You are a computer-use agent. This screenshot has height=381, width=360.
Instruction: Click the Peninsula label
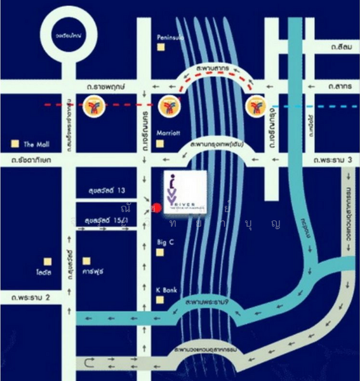pyautogui.click(x=171, y=37)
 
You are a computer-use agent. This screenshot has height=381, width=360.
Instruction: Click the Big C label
pyautogui.click(x=166, y=242)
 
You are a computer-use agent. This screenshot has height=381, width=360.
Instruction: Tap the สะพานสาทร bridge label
pyautogui.click(x=211, y=66)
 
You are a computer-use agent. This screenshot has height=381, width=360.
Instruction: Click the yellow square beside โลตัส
pyautogui.click(x=46, y=260)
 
